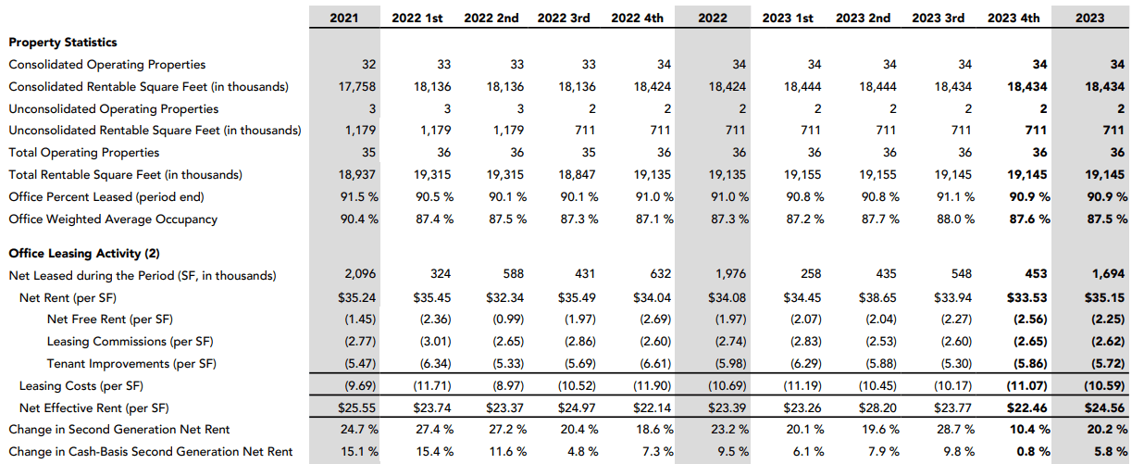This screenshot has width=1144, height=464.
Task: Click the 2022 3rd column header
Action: coord(564,18)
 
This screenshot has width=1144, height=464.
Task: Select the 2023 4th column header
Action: coord(1013,18)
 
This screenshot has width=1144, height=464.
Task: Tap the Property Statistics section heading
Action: coord(62,42)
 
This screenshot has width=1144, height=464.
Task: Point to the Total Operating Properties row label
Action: coord(83,153)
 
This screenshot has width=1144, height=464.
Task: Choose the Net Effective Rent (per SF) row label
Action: coord(95,408)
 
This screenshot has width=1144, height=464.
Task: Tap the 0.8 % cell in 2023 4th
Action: coord(1032,452)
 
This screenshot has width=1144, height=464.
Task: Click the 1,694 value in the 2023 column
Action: coord(1107,275)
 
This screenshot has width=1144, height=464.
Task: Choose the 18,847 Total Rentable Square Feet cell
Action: coord(578,175)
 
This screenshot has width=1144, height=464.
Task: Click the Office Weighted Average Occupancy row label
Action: coord(113,219)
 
